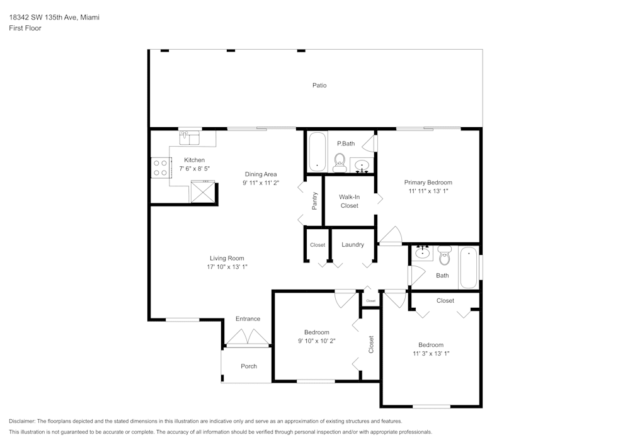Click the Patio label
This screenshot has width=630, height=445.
pos(319,85)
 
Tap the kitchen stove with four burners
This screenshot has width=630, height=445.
pos(160,167)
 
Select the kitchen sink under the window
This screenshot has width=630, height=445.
pos(189,135)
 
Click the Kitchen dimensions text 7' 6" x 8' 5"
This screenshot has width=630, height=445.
pos(193,169)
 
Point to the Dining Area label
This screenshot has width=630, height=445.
pos(261,174)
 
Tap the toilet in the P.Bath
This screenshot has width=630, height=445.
pos(340,162)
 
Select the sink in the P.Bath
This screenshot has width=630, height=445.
pos(362,167)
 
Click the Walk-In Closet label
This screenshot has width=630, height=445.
pos(349,201)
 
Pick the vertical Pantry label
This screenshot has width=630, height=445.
pos(315,201)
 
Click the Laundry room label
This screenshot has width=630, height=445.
pos(353,244)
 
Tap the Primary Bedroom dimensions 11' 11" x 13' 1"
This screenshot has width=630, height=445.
pos(428,191)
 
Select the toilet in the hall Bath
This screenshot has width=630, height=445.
pos(445,257)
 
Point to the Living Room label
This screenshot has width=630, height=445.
pos(227,258)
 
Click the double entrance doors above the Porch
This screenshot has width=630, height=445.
pos(248,339)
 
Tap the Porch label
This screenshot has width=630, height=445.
pos(249,366)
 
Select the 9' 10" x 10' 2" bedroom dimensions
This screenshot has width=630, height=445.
pos(316,341)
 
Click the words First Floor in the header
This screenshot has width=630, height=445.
pos(25,28)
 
